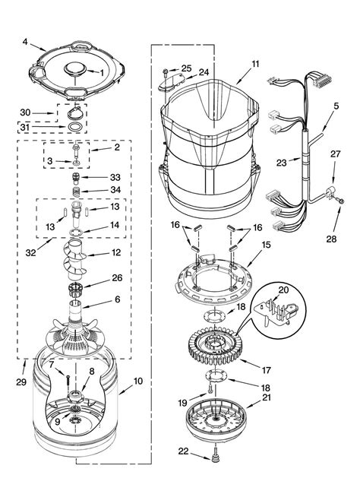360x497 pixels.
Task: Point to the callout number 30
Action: click(x=26, y=112)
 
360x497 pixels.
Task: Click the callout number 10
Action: click(x=138, y=381)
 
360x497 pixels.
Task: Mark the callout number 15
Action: click(x=266, y=245)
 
